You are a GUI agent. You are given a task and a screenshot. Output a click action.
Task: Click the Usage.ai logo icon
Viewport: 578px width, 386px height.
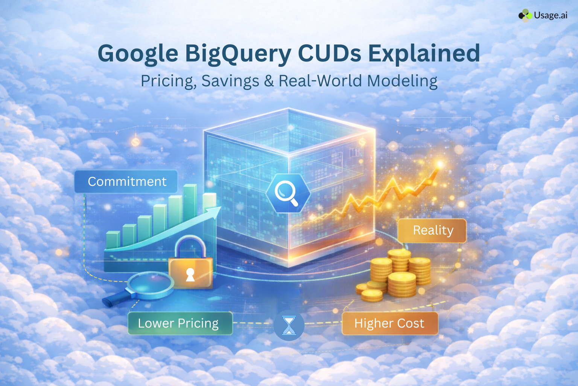525,15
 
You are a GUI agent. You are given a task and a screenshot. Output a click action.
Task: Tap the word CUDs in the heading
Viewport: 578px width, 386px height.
330,53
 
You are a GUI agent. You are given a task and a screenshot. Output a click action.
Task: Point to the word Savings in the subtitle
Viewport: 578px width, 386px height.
230,81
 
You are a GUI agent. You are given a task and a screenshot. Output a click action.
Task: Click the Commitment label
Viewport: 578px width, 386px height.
126,182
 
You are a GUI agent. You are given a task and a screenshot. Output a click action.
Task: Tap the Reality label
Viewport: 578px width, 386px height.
433,230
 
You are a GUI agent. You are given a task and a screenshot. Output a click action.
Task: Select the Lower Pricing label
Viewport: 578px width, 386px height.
178,323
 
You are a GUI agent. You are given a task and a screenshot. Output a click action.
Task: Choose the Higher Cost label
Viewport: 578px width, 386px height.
389,323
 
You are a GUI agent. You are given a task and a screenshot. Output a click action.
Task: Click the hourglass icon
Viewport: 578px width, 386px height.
289,325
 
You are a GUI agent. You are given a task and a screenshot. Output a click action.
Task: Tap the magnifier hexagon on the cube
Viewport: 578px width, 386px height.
288,193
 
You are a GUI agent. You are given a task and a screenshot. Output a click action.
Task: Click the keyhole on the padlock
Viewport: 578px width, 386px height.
190,274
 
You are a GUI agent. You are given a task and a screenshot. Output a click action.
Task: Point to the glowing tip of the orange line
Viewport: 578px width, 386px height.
440,165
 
